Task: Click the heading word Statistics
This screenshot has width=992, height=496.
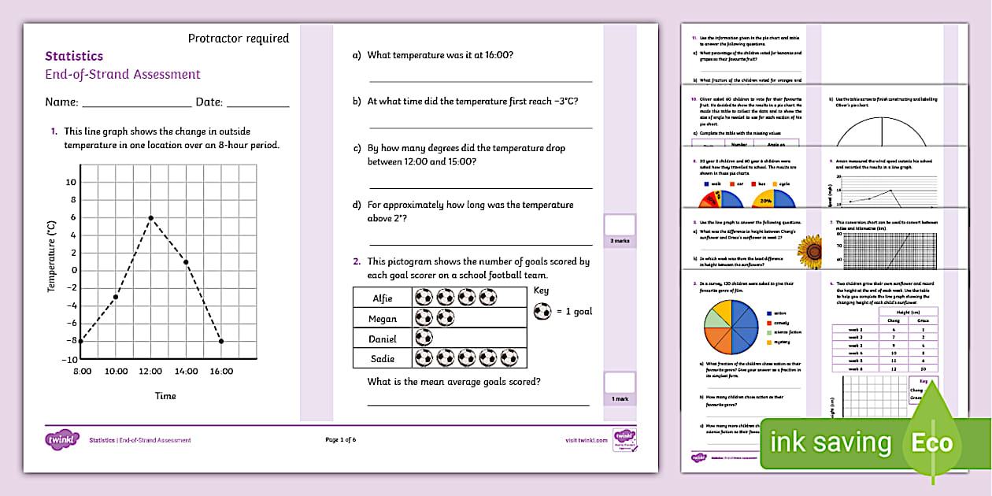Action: click(74, 56)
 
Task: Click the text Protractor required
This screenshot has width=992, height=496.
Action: click(239, 38)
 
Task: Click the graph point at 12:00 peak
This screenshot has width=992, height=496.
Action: click(150, 217)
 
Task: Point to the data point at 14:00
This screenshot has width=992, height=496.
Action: click(186, 261)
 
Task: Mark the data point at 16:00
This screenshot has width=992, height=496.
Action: click(221, 341)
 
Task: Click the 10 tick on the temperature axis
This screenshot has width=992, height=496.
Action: click(70, 182)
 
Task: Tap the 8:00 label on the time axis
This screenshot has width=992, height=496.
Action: click(82, 371)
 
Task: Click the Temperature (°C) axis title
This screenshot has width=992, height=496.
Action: click(52, 256)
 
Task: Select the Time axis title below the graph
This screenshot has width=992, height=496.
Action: click(165, 395)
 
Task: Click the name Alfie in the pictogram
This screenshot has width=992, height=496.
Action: click(383, 298)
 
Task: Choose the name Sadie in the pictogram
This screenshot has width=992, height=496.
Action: click(383, 359)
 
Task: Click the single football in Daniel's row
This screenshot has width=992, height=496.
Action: click(424, 339)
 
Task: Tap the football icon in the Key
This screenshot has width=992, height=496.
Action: click(542, 311)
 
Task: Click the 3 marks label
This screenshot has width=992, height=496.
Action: click(620, 241)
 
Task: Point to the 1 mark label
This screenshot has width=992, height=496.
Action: click(620, 399)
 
